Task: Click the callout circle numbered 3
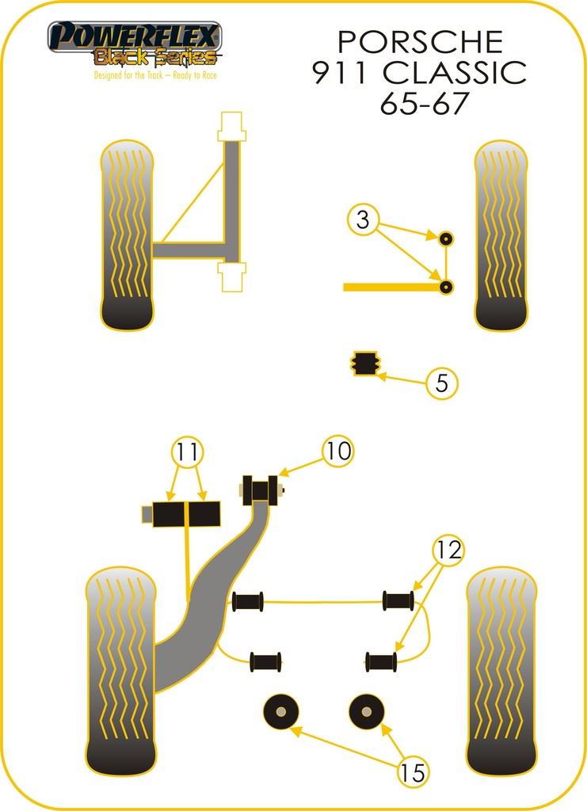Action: coord(363,220)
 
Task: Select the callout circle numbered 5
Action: coord(442,383)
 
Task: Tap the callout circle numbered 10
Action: coord(337,451)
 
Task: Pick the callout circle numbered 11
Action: coord(188,452)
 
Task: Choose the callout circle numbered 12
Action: coord(449,550)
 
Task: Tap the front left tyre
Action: coord(128,235)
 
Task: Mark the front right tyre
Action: coord(500,235)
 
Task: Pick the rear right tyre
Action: coord(502,672)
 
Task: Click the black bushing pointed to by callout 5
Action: coord(365,363)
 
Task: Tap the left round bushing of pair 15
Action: coord(281,711)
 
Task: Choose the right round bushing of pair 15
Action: coord(368,711)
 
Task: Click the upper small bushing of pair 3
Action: coord(445,238)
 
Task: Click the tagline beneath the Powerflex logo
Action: coord(154,75)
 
